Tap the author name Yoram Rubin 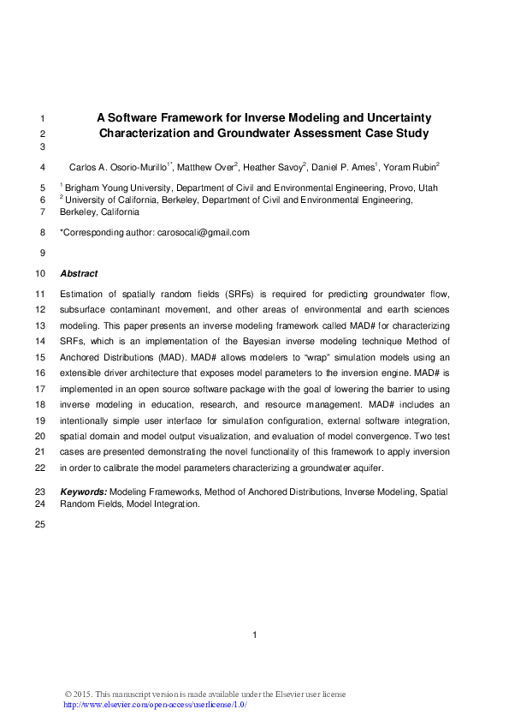coord(411,167)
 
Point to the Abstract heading coord(79,274)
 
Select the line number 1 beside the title coord(43,117)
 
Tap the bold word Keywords coord(84,492)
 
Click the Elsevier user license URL coord(156,704)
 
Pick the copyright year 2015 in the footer coord(85,694)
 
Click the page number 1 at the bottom coord(255,635)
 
